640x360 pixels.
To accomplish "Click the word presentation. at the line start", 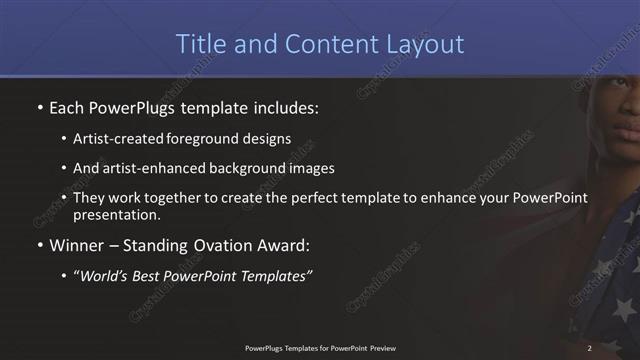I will [x=116, y=215].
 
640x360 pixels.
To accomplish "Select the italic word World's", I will [x=107, y=275].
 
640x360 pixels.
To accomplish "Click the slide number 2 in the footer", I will [x=590, y=348].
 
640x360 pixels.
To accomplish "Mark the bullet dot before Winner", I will [x=39, y=245].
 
